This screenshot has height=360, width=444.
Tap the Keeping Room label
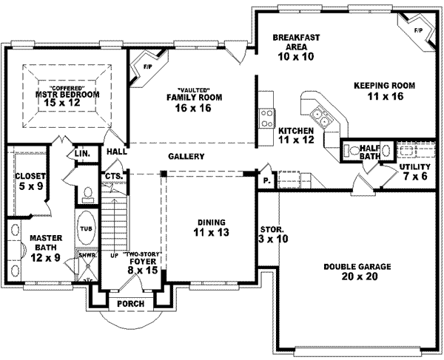383,90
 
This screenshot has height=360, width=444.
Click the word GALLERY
186,156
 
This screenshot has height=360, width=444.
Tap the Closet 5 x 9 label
31,181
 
